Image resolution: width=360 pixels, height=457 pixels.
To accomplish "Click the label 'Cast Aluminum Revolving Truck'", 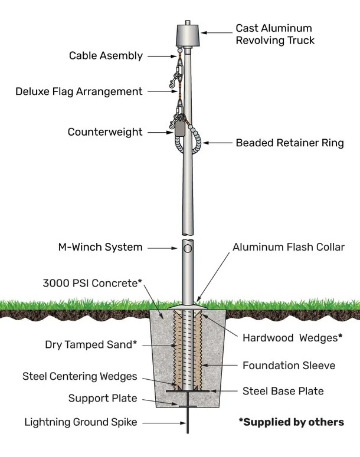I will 274,34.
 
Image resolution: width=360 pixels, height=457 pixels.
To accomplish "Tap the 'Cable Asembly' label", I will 106,56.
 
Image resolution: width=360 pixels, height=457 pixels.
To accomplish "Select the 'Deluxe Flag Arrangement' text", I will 78,91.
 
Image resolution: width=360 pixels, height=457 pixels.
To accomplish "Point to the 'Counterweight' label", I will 104,132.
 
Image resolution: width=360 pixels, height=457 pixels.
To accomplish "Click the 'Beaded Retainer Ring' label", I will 289,143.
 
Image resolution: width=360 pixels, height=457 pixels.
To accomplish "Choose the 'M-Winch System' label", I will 100,247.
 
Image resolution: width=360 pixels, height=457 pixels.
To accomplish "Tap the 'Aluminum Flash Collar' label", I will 288,247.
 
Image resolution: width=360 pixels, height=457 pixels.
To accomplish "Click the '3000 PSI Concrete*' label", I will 92,283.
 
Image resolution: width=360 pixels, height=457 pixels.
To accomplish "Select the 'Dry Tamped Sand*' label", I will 91,344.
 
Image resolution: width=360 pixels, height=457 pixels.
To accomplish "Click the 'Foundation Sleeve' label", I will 289,366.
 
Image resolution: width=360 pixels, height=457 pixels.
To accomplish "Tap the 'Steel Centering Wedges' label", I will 79,376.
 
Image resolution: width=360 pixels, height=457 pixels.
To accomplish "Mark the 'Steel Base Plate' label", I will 283,391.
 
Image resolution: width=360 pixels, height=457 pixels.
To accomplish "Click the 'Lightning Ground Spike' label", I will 81,422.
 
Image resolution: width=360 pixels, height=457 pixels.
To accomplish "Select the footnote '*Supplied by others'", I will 291,422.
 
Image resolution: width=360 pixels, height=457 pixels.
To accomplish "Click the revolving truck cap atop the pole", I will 186,35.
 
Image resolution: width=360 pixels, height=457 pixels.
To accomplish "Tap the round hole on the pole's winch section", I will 188,249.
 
